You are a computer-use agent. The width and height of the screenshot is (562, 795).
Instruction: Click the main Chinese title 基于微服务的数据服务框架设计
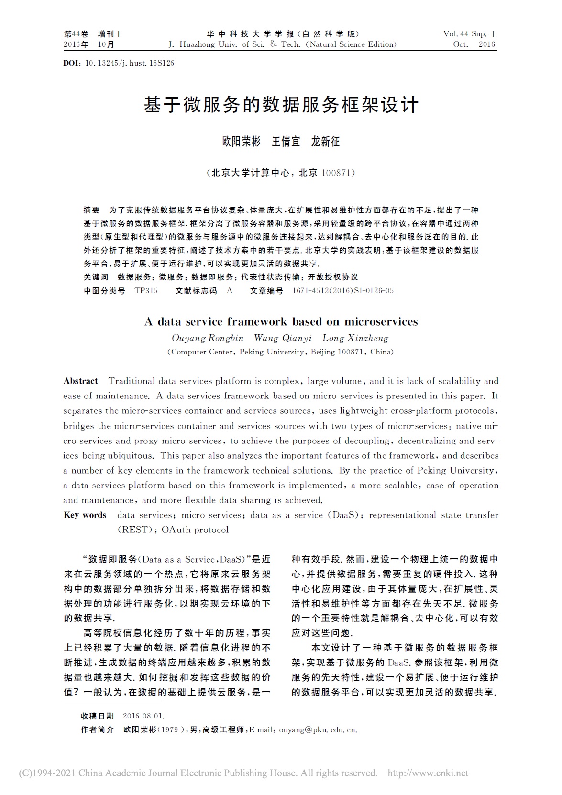(x=281, y=105)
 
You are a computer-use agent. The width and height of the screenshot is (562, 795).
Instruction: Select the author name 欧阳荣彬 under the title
(x=242, y=142)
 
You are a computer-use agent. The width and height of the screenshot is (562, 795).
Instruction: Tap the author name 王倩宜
(x=286, y=142)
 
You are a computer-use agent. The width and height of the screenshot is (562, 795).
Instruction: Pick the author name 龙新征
(x=325, y=142)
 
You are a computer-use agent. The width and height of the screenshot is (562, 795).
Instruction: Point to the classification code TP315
(x=146, y=290)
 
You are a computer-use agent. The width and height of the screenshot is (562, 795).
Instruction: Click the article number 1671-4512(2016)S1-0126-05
(x=342, y=290)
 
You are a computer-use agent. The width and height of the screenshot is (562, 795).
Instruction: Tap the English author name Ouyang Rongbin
(x=208, y=338)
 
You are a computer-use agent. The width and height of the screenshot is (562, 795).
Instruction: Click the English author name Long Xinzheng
(x=355, y=338)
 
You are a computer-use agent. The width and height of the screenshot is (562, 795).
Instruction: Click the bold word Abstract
(x=81, y=381)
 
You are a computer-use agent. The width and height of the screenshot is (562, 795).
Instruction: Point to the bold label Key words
(x=85, y=515)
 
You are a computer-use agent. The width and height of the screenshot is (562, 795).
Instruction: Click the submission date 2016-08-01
(x=143, y=716)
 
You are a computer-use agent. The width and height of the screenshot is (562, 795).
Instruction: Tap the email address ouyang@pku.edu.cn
(x=318, y=730)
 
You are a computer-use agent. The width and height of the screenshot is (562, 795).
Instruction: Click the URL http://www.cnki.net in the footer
(x=428, y=773)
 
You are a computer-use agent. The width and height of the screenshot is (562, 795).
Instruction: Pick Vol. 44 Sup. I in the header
(x=469, y=34)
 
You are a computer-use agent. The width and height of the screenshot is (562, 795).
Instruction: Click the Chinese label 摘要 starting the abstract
(x=92, y=210)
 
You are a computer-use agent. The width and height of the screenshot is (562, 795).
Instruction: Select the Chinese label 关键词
(x=96, y=277)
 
